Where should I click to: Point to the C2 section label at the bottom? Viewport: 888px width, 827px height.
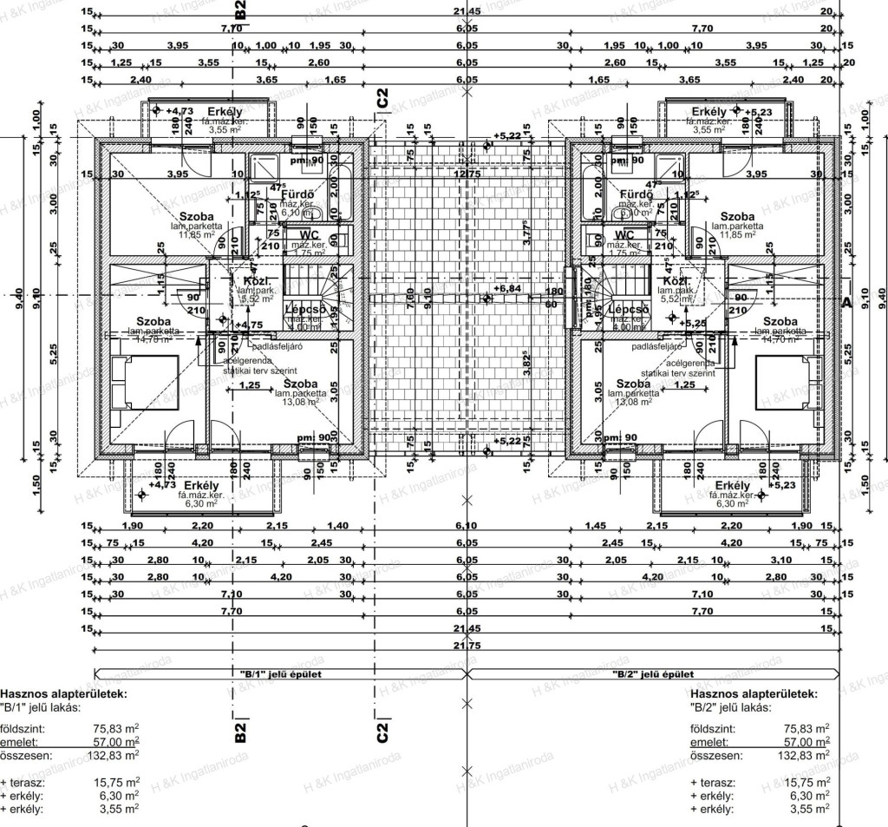(x=382, y=732)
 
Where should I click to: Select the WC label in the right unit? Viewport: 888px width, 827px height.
(x=624, y=234)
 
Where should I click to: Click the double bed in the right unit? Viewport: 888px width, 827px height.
(x=784, y=382)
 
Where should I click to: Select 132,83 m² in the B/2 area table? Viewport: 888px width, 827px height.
(x=806, y=755)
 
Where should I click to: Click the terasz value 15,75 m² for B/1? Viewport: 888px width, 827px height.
(x=116, y=782)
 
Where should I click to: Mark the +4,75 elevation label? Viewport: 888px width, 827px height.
(x=250, y=325)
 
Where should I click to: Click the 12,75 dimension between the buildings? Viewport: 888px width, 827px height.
(x=468, y=174)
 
